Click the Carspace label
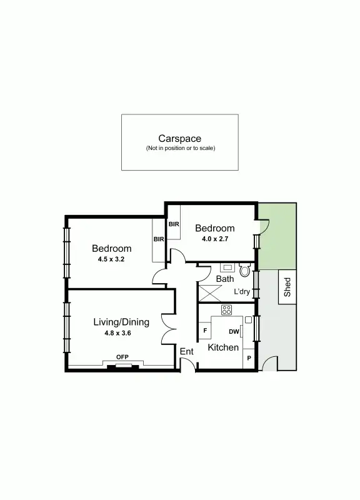179,139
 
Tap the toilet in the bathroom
244,272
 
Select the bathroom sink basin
226,267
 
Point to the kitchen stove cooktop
226,310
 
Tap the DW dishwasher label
233,332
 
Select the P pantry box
249,358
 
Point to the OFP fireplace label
122,357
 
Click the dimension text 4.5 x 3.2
111,259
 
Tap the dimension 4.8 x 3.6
117,333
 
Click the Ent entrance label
186,352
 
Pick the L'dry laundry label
242,292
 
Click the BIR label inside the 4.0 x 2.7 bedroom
174,224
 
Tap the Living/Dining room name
121,322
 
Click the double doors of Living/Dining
168,328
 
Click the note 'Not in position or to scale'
179,149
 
